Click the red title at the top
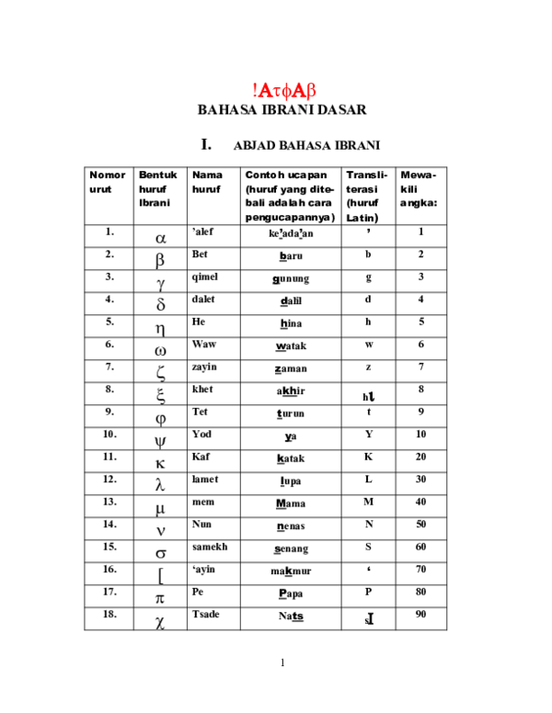pyautogui.click(x=282, y=90)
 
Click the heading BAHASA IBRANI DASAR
pyautogui.click(x=282, y=110)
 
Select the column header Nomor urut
pyautogui.click(x=108, y=181)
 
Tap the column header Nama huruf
pyautogui.click(x=207, y=181)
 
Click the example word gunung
pyautogui.click(x=291, y=278)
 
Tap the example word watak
pyautogui.click(x=291, y=346)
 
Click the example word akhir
pyautogui.click(x=291, y=390)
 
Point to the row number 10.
pyautogui.click(x=109, y=433)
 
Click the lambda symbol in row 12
pyautogui.click(x=159, y=484)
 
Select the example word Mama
pyautogui.click(x=291, y=504)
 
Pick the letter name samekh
pyautogui.click(x=209, y=546)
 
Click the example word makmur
pyautogui.click(x=291, y=571)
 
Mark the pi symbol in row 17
pyautogui.click(x=159, y=598)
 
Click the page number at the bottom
pyautogui.click(x=282, y=662)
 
